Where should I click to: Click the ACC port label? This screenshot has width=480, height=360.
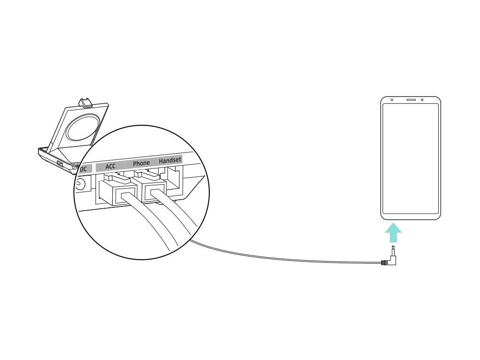pos(110,166)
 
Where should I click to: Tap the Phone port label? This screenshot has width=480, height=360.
pos(141,163)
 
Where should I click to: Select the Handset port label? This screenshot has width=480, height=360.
pos(170,160)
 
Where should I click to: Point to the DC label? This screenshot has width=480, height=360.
pos(83,168)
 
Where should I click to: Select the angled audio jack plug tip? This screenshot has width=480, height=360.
pos(392,252)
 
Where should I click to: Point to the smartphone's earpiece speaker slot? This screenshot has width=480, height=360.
pos(411,100)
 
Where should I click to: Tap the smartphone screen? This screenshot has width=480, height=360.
pos(410,158)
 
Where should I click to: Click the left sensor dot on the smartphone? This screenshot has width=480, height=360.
pos(392,100)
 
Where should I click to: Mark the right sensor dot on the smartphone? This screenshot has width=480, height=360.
pos(422,100)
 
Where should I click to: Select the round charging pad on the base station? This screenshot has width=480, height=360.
pos(83,128)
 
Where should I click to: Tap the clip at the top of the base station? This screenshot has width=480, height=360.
pos(85,103)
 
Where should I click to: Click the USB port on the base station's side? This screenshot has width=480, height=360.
pos(59,164)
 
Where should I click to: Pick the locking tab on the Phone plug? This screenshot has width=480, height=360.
pos(147,175)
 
